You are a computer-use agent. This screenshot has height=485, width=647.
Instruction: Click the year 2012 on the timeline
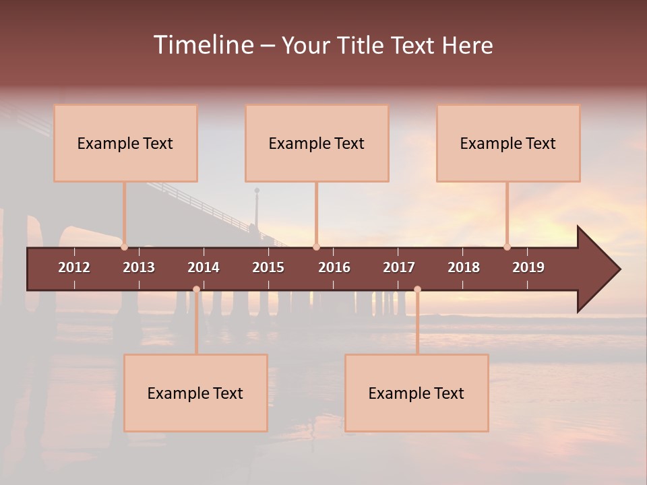click(x=74, y=267)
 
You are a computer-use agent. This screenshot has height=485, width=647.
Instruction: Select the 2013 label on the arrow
click(x=139, y=267)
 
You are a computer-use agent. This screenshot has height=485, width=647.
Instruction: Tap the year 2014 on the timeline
click(x=204, y=267)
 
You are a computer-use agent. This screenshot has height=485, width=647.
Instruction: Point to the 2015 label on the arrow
click(x=268, y=267)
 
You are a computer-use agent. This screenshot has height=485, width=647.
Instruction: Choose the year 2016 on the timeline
click(x=334, y=267)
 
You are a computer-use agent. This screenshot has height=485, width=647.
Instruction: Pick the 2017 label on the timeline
click(x=399, y=267)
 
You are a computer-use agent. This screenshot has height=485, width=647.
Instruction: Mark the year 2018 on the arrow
click(x=464, y=267)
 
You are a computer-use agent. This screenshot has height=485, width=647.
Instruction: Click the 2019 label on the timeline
click(x=528, y=267)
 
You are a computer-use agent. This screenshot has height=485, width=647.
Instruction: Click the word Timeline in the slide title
click(x=203, y=45)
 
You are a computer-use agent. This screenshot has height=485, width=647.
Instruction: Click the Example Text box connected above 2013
click(x=125, y=143)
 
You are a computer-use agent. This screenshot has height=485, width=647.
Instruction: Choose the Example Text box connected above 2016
click(x=317, y=143)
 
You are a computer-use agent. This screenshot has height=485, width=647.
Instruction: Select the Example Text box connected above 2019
click(x=508, y=143)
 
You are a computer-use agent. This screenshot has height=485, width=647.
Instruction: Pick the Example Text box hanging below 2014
click(x=195, y=393)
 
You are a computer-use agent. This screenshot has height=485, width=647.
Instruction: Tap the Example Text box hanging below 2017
click(x=417, y=393)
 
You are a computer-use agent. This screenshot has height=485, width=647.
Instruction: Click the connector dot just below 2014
click(x=196, y=290)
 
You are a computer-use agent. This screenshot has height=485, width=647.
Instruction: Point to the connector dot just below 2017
click(x=417, y=290)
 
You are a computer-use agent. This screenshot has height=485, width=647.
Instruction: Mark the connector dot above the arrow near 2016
click(x=316, y=247)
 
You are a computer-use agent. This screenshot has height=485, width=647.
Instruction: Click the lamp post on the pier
click(x=257, y=209)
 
